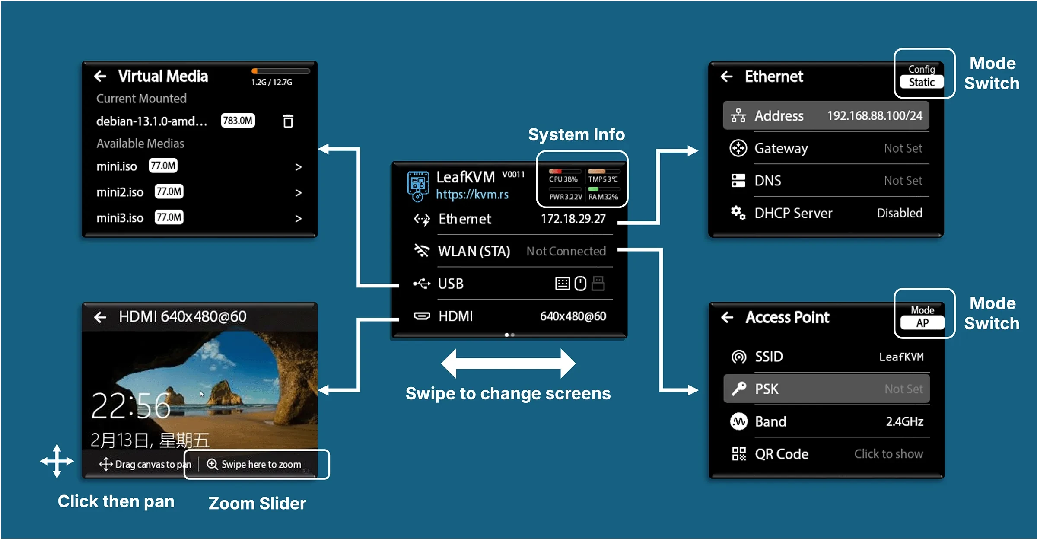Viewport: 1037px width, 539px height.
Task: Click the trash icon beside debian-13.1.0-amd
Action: [288, 121]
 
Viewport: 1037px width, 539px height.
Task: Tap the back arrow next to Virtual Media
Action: [100, 77]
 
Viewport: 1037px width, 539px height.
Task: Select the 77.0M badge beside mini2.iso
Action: [169, 191]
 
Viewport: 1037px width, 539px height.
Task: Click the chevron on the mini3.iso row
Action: [298, 219]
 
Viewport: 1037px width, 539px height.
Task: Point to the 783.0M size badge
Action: [238, 121]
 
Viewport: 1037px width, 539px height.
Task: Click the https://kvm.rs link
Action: [472, 195]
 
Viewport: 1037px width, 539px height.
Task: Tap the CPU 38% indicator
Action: [563, 179]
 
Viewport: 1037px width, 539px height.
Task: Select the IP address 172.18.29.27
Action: [573, 219]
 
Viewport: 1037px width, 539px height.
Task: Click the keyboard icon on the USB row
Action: [562, 284]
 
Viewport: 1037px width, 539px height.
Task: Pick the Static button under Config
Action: [921, 82]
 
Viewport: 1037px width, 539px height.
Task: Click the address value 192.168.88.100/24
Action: [875, 116]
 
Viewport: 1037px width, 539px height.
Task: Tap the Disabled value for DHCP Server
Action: [899, 213]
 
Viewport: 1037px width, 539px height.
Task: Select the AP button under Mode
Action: [922, 323]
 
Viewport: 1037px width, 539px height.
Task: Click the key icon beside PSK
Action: [738, 389]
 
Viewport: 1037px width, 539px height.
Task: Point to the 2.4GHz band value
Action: [904, 421]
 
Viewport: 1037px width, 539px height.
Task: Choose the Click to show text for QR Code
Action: [888, 454]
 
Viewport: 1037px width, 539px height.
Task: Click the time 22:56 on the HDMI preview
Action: [131, 406]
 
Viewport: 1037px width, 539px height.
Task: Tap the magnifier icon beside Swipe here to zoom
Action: [212, 464]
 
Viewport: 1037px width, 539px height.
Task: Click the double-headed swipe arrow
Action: [508, 364]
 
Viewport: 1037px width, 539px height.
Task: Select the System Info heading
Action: [576, 135]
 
